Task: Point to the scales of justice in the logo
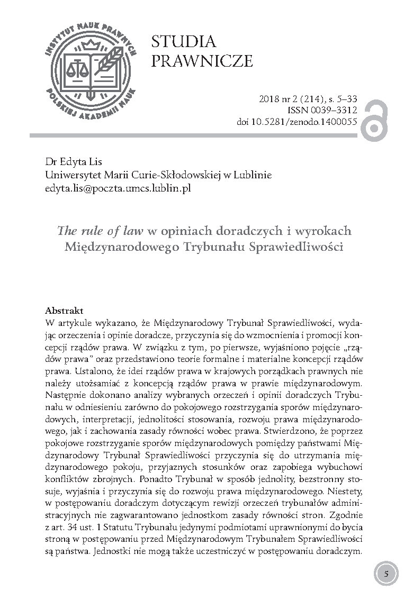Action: tap(83, 68)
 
